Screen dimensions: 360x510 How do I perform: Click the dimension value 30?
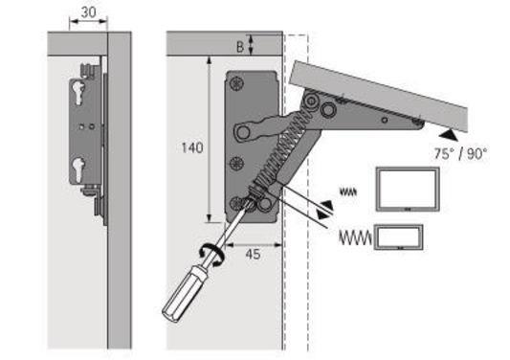[87, 12]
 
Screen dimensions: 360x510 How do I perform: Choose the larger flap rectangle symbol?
[407, 189]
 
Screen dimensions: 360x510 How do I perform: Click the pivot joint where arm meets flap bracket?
[311, 101]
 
